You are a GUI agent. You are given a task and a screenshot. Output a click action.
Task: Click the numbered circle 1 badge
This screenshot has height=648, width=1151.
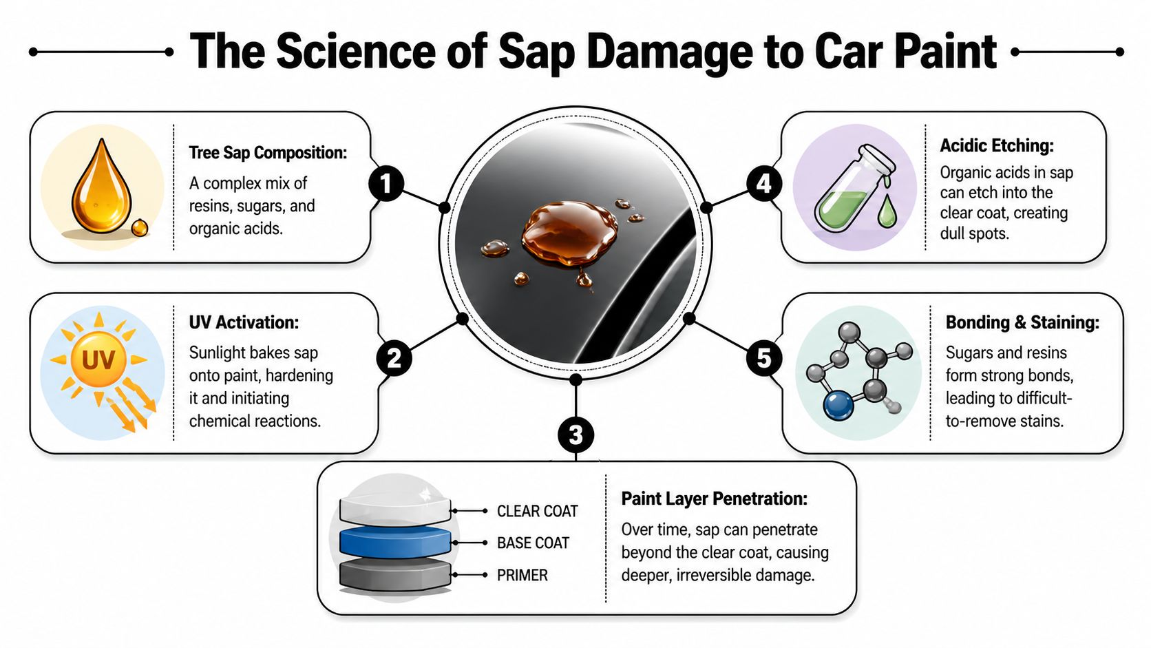pyautogui.click(x=386, y=183)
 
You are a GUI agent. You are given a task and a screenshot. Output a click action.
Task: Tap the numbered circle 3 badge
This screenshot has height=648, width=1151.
pyautogui.click(x=575, y=435)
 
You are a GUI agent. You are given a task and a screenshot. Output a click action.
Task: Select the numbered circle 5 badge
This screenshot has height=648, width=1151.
pyautogui.click(x=763, y=358)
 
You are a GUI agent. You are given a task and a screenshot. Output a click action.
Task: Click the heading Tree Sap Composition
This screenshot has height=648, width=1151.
pyautogui.click(x=268, y=153)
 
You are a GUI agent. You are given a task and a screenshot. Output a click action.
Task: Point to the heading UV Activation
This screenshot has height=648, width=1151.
pyautogui.click(x=244, y=322)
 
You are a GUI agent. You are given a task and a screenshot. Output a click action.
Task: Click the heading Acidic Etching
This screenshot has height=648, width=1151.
pyautogui.click(x=996, y=146)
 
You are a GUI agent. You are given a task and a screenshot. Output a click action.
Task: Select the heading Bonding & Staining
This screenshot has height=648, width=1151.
pyautogui.click(x=1022, y=322)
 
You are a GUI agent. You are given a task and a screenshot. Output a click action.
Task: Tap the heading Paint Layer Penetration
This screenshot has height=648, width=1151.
pyautogui.click(x=714, y=499)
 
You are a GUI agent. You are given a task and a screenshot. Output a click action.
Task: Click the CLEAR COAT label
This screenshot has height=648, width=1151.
pyautogui.click(x=537, y=511)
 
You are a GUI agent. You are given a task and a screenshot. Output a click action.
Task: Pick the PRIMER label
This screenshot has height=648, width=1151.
pyautogui.click(x=522, y=575)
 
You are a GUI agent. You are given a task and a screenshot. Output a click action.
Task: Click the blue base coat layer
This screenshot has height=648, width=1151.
pyautogui.click(x=395, y=542)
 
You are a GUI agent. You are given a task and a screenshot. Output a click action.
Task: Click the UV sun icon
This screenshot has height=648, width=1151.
pyautogui.click(x=98, y=359)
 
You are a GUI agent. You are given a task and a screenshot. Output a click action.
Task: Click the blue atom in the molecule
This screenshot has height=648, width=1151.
pyautogui.click(x=838, y=406)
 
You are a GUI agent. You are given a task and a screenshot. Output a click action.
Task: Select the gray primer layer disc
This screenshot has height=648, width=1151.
pyautogui.click(x=395, y=576)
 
